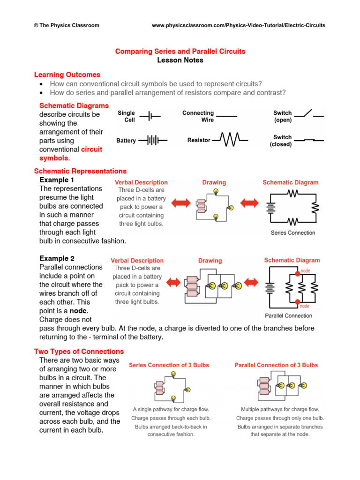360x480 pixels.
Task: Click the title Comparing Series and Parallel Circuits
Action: [x=180, y=51]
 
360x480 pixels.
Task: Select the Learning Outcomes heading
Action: [x=67, y=75]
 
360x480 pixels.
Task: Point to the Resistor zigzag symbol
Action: [x=227, y=140]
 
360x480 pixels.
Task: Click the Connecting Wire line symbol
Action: [x=226, y=115]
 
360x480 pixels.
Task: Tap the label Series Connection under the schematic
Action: [x=293, y=232]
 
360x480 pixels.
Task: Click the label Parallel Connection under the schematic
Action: [x=289, y=315]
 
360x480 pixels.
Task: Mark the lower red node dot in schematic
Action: [x=297, y=301]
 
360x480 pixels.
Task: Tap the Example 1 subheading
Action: [x=57, y=180]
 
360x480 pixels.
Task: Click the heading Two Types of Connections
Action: [x=79, y=351]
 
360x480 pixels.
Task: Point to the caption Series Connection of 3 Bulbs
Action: [x=169, y=365]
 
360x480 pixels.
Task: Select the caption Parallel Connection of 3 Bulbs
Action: [x=276, y=365]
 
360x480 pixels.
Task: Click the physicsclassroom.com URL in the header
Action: [x=239, y=25]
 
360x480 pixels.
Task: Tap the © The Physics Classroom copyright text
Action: [x=67, y=25]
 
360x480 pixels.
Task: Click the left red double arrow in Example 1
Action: [x=180, y=203]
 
